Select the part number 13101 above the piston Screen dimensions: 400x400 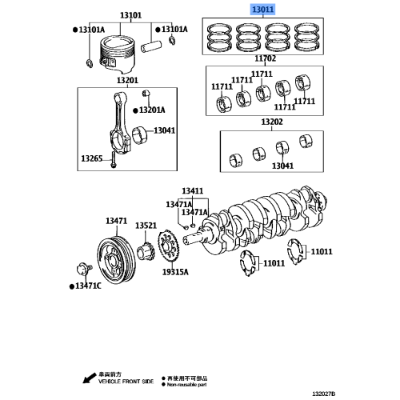130,14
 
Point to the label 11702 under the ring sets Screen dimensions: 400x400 265,58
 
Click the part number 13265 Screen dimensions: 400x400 90,159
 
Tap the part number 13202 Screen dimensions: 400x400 272,122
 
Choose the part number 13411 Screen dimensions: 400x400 192,191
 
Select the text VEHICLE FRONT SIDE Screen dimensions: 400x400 119,382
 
